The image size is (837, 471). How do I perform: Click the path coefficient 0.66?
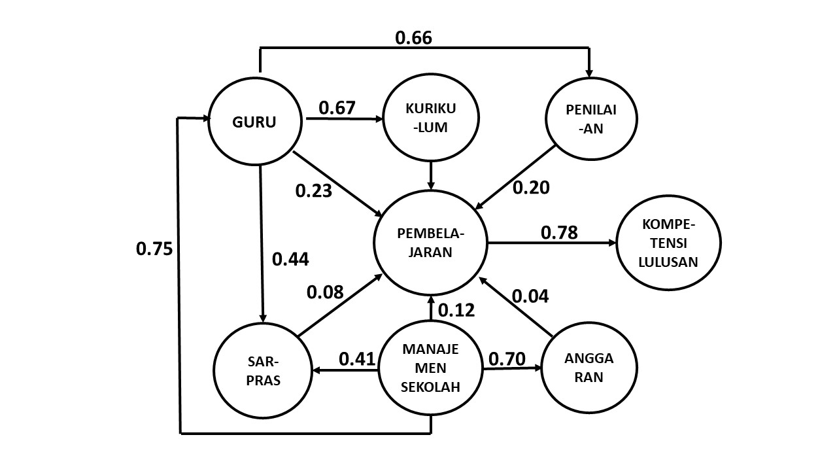tap(413, 38)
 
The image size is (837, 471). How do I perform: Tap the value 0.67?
tap(337, 108)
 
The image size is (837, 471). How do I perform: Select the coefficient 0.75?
tap(154, 249)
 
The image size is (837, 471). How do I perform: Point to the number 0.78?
tap(559, 232)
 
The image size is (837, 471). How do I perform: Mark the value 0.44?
tap(290, 260)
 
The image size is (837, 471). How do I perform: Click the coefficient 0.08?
tap(325, 292)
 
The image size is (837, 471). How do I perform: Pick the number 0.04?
tap(530, 296)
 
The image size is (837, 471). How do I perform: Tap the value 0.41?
tap(357, 359)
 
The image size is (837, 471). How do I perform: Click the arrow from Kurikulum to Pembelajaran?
tap(431, 176)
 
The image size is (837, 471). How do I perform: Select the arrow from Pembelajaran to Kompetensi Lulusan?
tap(552, 243)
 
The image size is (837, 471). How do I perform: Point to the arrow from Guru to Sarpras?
tap(262, 244)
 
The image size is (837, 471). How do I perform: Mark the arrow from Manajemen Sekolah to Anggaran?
tap(512, 368)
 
